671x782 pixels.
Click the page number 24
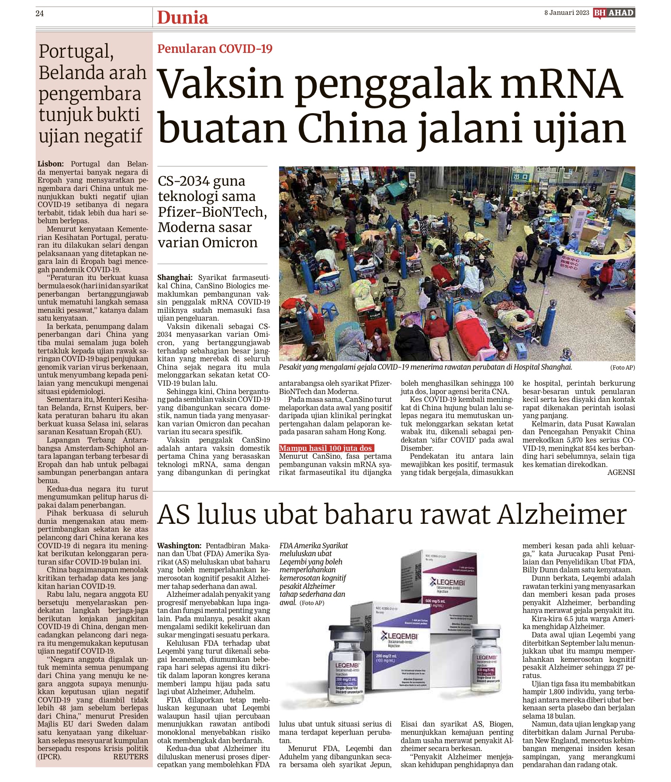click(x=40, y=14)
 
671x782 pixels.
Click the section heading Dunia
click(x=183, y=18)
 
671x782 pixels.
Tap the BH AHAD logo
click(x=614, y=13)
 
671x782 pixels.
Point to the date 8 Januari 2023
click(x=567, y=13)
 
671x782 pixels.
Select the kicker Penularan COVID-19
click(x=215, y=48)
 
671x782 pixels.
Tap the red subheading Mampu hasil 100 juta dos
click(x=325, y=448)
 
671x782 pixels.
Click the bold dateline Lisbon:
click(x=51, y=164)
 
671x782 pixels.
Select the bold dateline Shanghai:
click(x=175, y=278)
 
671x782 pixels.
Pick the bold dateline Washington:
click(x=179, y=546)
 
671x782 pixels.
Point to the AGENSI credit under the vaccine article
click(x=621, y=472)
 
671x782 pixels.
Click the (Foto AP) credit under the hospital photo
click(x=622, y=367)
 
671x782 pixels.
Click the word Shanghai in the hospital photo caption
click(x=551, y=367)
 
